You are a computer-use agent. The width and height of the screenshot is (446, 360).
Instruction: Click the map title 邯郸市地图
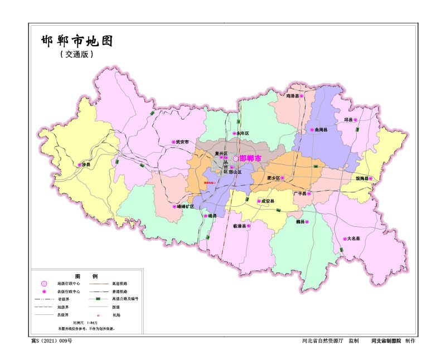click(77, 41)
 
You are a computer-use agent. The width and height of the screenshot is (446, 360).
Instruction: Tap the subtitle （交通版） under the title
click(76, 55)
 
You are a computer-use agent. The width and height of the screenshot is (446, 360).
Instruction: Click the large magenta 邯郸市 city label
click(250, 159)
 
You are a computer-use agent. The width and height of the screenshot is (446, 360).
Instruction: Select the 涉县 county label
click(86, 165)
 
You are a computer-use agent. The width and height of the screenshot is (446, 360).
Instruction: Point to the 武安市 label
click(182, 142)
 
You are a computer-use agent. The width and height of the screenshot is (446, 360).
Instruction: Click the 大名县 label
click(353, 239)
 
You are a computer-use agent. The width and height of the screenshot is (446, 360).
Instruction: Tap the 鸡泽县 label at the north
click(291, 96)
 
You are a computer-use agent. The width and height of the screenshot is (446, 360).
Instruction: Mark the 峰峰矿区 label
click(183, 206)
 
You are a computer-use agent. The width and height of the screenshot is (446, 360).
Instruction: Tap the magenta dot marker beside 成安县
click(259, 201)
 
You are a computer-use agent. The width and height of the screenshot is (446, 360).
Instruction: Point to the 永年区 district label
click(243, 134)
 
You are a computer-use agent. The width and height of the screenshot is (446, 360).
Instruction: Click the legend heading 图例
click(86, 276)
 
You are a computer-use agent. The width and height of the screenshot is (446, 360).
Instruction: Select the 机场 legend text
click(116, 314)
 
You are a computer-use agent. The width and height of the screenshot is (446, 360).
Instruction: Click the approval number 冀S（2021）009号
click(51, 340)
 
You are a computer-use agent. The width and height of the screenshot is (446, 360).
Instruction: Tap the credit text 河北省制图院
click(386, 340)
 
